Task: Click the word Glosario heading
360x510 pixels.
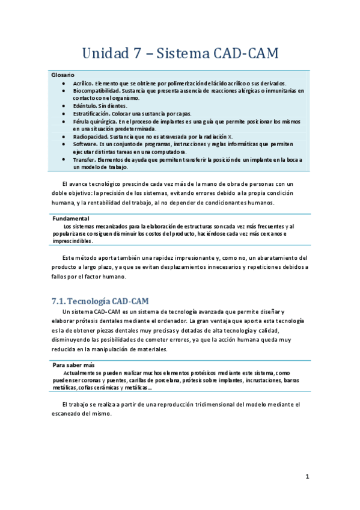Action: tap(63, 75)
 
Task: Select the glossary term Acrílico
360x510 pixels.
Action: tap(84, 83)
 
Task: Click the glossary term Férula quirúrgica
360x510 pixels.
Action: tap(96, 121)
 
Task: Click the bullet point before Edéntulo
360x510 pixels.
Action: tap(64, 105)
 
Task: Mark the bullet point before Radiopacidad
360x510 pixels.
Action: tap(64, 137)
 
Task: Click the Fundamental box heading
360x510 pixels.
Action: tap(71, 218)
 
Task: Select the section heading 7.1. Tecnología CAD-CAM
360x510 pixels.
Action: tap(100, 300)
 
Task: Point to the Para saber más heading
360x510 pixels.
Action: tap(74, 364)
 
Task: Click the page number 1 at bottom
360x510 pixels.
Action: tap(307, 477)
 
